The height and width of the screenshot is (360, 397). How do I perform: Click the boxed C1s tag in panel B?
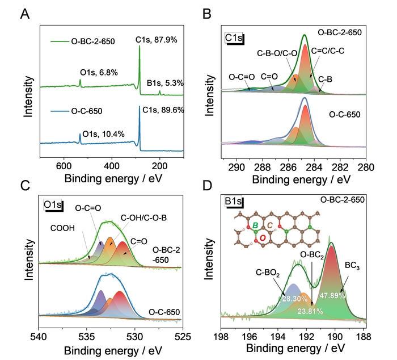click(234, 38)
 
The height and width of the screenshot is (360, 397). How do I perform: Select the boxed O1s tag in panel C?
click(53, 204)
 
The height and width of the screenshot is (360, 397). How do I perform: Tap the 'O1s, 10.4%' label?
click(104, 134)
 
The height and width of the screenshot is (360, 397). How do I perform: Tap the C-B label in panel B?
click(326, 79)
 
